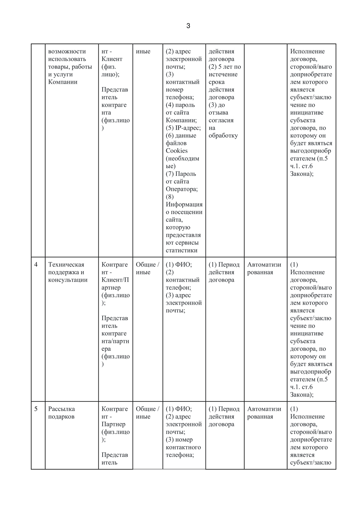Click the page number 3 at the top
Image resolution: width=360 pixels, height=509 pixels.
[x=188, y=26]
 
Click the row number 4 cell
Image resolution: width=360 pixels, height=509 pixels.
[x=36, y=265]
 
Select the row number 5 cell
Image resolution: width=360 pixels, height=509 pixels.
[x=36, y=409]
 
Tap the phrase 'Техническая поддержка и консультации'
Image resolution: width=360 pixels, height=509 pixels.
[x=68, y=272]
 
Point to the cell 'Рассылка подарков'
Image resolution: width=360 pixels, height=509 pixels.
[x=61, y=413]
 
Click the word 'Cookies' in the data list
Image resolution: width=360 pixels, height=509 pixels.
[x=177, y=151]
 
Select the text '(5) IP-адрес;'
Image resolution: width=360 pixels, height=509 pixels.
[x=183, y=128]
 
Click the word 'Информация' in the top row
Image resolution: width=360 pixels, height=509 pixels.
[x=184, y=204]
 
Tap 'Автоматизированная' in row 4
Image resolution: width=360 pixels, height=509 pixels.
[x=264, y=268]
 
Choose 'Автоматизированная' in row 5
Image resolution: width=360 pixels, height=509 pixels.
[x=264, y=413]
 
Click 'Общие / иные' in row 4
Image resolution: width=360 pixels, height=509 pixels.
[x=147, y=268]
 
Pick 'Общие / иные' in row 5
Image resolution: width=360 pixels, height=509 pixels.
[x=147, y=413]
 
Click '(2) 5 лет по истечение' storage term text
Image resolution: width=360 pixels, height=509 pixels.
[x=224, y=71]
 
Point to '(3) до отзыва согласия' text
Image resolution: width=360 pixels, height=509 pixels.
[x=221, y=113]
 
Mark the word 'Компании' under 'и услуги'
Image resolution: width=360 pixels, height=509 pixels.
[x=63, y=82]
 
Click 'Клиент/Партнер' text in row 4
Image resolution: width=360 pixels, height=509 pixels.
[x=115, y=284]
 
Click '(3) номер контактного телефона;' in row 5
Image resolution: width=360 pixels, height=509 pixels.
[x=183, y=447]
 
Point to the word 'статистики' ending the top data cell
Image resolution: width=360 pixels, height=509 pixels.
[x=181, y=250]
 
